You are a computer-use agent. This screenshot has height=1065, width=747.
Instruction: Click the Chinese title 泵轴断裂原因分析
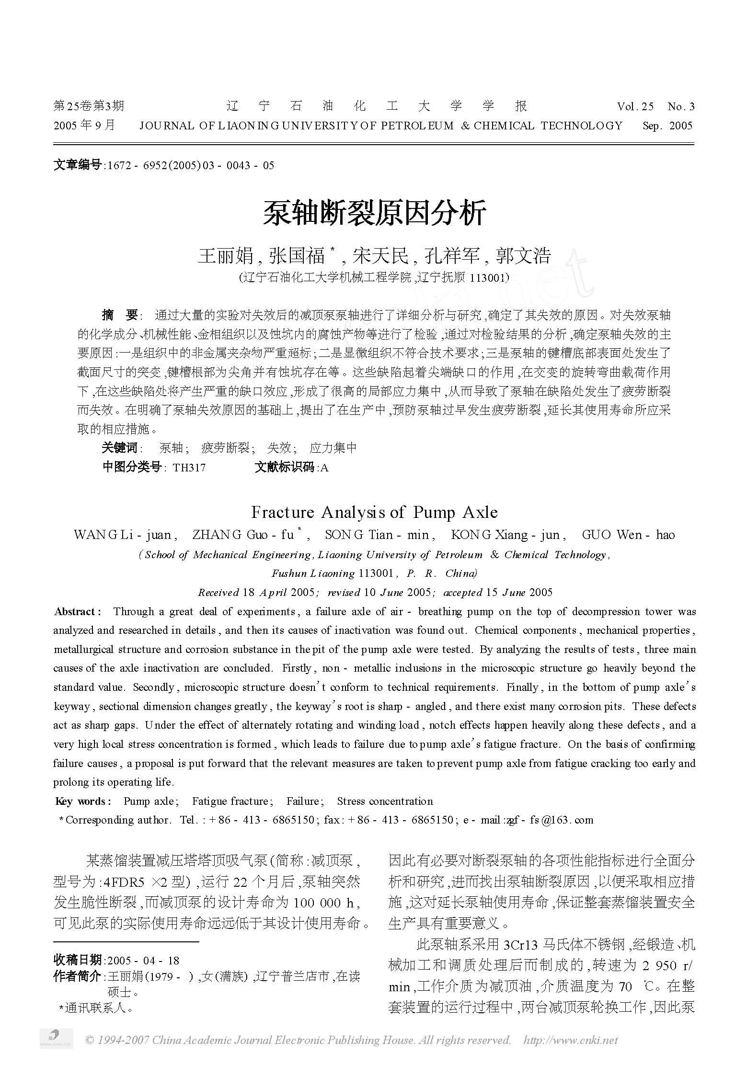374,213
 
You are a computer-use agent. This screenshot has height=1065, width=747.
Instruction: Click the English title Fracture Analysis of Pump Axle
374,513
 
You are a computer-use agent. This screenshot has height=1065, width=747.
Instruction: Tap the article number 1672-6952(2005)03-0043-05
191,165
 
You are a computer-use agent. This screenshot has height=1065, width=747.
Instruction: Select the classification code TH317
189,468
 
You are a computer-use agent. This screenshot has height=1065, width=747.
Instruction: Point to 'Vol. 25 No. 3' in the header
655,106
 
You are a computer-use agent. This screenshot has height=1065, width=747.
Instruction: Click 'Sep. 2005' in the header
667,126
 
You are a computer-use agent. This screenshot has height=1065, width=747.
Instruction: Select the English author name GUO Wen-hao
628,535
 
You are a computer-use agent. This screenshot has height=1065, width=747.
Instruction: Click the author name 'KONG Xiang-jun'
508,535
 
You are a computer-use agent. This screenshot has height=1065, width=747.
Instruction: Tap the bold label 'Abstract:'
78,612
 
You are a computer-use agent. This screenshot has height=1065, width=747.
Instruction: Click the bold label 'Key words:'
83,801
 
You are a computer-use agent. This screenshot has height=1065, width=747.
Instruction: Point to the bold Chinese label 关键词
119,448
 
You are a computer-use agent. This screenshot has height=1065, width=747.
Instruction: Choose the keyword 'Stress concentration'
385,801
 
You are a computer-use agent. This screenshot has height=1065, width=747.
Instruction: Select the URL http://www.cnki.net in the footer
571,1040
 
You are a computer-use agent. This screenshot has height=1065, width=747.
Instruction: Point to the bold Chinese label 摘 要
120,315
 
